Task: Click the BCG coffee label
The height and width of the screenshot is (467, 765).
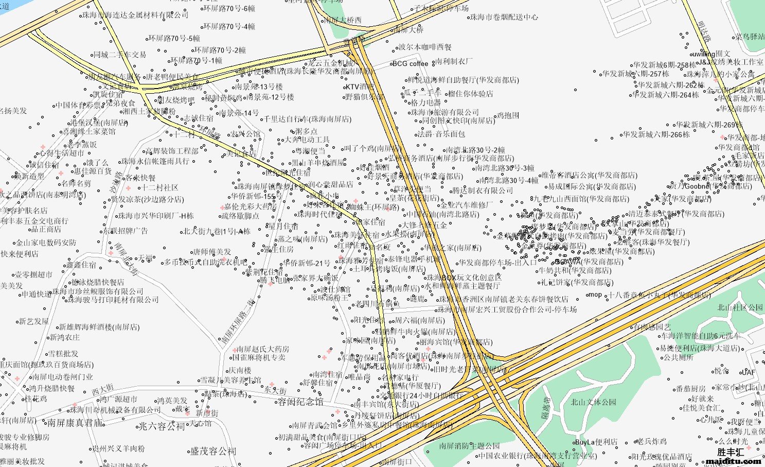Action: click(x=410, y=64)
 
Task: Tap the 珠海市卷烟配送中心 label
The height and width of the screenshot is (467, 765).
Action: click(x=504, y=17)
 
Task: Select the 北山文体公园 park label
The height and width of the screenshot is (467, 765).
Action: click(x=593, y=402)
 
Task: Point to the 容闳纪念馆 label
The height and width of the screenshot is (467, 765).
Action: click(x=301, y=402)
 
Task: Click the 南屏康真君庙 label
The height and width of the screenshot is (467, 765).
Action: click(x=75, y=423)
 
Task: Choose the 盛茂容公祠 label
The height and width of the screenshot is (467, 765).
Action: click(x=214, y=452)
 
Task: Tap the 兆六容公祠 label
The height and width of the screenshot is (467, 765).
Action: click(x=162, y=426)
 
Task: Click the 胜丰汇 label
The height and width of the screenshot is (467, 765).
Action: click(x=731, y=453)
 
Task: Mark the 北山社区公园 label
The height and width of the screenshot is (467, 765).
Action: click(x=740, y=307)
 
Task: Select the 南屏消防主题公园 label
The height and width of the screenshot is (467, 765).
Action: click(x=469, y=446)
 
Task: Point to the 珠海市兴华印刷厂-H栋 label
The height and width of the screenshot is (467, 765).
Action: click(x=156, y=216)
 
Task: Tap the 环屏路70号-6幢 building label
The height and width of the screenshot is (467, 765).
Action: click(x=229, y=9)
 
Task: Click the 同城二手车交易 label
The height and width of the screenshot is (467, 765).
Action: click(x=120, y=55)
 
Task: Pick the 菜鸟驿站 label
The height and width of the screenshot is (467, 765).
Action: click(x=750, y=37)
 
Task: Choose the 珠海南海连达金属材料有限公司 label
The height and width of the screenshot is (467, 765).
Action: click(x=136, y=15)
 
